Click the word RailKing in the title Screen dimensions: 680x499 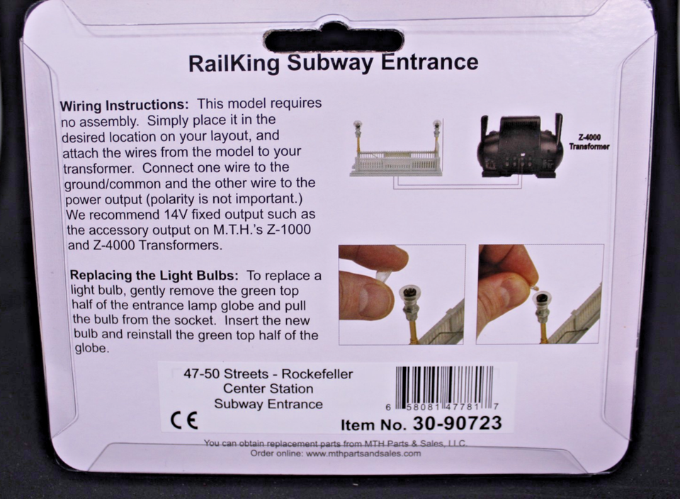(234, 63)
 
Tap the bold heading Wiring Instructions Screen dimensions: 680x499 (125, 106)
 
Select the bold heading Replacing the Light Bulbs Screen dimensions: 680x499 (154, 275)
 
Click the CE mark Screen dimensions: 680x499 (184, 420)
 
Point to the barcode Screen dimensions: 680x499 (445, 385)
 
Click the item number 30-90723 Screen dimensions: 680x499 (457, 423)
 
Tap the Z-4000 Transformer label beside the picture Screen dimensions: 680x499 (589, 142)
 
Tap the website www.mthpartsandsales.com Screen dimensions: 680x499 (363, 454)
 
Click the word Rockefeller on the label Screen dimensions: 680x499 (317, 374)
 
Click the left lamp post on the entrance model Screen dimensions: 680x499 (358, 139)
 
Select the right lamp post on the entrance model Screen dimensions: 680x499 (437, 139)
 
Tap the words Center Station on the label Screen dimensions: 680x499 (268, 389)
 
